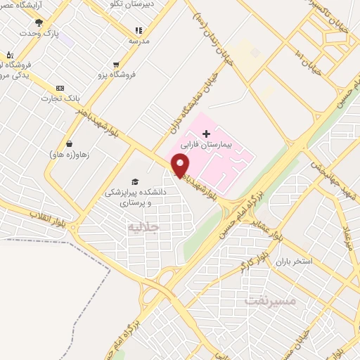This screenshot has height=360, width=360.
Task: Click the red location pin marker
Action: click(181, 165)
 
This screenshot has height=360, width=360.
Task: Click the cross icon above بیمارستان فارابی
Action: click(206, 134)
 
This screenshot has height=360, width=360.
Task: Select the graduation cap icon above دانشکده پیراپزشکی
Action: click(134, 182)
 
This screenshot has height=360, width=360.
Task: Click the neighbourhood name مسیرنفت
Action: click(271, 300)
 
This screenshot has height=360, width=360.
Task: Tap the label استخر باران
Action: click(294, 262)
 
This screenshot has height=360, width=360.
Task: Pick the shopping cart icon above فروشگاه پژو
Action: click(116, 65)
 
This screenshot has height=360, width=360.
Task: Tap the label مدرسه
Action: click(139, 41)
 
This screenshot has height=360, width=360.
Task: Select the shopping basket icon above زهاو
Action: click(69, 143)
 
